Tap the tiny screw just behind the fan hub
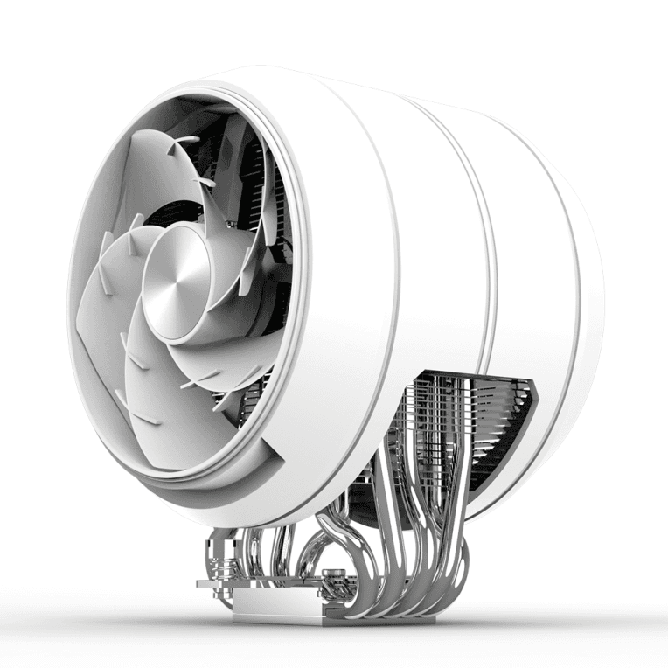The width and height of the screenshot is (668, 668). pos(228,225)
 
